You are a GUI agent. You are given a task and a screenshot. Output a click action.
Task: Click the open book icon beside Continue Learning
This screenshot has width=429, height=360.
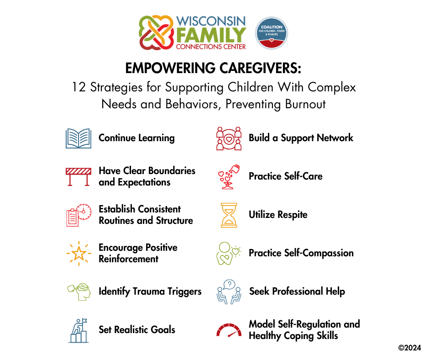(x=78, y=138)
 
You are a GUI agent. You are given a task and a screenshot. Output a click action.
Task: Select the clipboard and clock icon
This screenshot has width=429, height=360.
(x=79, y=215)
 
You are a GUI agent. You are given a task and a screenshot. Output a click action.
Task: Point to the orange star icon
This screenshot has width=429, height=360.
(x=79, y=254)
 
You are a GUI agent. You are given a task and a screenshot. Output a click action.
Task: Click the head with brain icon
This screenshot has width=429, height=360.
(x=79, y=292)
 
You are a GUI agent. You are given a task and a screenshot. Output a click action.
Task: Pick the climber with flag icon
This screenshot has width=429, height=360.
(x=79, y=330)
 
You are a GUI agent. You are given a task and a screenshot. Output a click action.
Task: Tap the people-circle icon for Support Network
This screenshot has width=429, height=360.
(x=229, y=138)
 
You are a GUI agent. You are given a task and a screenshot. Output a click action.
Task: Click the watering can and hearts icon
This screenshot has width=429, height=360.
(x=229, y=177)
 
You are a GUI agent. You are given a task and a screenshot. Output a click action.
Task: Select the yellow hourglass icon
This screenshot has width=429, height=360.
(x=229, y=215)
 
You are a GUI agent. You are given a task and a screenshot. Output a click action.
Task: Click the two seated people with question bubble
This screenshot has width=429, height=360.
(x=229, y=292)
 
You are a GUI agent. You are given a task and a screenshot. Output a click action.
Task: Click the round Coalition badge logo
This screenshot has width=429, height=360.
(x=272, y=33)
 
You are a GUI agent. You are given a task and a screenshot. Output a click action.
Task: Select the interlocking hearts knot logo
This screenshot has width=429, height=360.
(x=156, y=32)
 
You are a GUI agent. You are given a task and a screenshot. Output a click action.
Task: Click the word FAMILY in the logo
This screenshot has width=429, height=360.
(x=211, y=35)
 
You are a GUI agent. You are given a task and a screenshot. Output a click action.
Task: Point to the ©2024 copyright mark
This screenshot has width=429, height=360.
(x=409, y=348)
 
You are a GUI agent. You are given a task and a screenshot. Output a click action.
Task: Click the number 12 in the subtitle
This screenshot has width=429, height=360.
(x=79, y=87)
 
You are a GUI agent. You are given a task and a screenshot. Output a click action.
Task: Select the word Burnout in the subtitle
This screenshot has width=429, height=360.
(x=306, y=104)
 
